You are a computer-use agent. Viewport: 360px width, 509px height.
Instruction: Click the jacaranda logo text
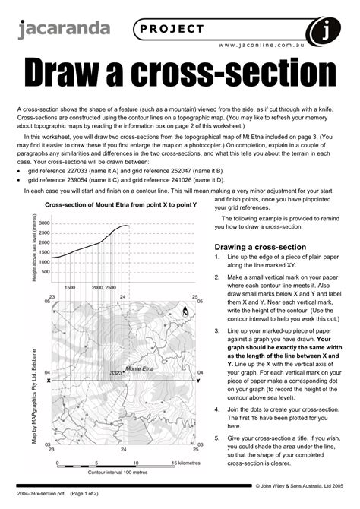(x=64, y=30)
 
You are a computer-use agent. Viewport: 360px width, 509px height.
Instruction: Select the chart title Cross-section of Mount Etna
(x=120, y=206)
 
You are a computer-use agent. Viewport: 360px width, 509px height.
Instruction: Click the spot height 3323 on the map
(x=117, y=373)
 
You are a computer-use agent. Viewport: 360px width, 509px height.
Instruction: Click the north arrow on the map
(x=184, y=310)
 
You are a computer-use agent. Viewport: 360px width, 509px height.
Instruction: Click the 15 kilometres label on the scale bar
(x=186, y=462)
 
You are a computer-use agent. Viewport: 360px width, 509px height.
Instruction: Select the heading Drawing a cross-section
(x=261, y=247)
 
